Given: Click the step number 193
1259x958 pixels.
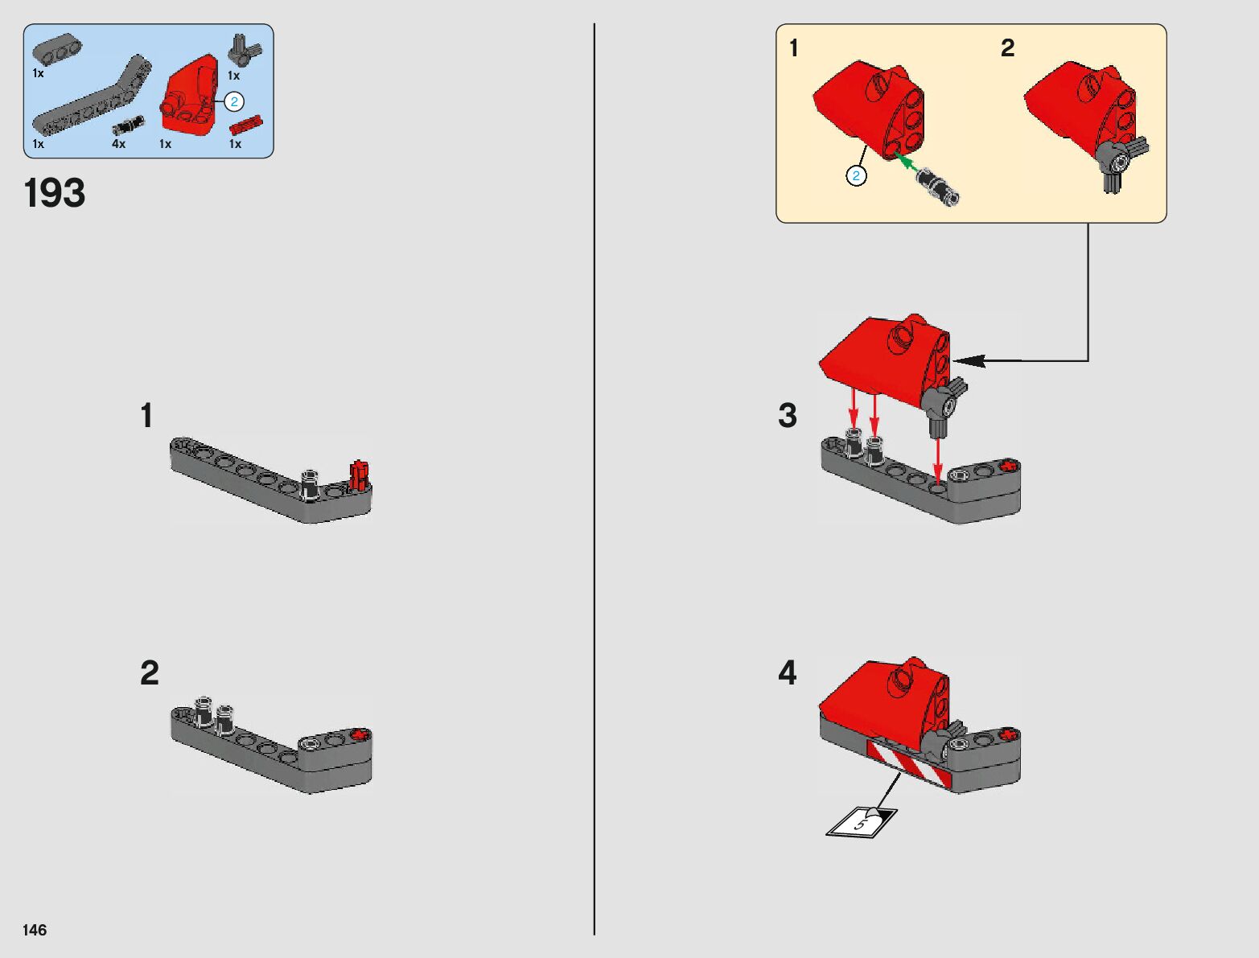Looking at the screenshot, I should pyautogui.click(x=55, y=194).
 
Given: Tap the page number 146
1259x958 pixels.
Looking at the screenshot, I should pyautogui.click(x=35, y=930).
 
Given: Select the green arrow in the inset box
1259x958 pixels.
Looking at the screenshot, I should pyautogui.click(x=907, y=163).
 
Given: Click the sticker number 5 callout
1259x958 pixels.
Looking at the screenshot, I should pyautogui.click(x=861, y=822).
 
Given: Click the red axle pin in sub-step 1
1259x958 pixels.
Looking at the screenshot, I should pyautogui.click(x=359, y=475).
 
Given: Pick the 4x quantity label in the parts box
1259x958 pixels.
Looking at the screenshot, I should pyautogui.click(x=118, y=144).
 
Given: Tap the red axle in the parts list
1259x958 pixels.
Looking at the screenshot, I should pyautogui.click(x=246, y=125).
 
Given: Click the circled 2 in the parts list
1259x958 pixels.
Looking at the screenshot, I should pyautogui.click(x=233, y=101).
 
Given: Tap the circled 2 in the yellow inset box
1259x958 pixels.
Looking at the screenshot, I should pyautogui.click(x=857, y=175).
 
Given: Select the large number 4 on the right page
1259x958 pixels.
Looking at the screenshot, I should pyautogui.click(x=787, y=672).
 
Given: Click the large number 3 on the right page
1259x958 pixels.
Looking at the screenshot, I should pyautogui.click(x=788, y=416).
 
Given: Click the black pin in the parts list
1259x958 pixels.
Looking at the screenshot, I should pyautogui.click(x=128, y=125).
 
